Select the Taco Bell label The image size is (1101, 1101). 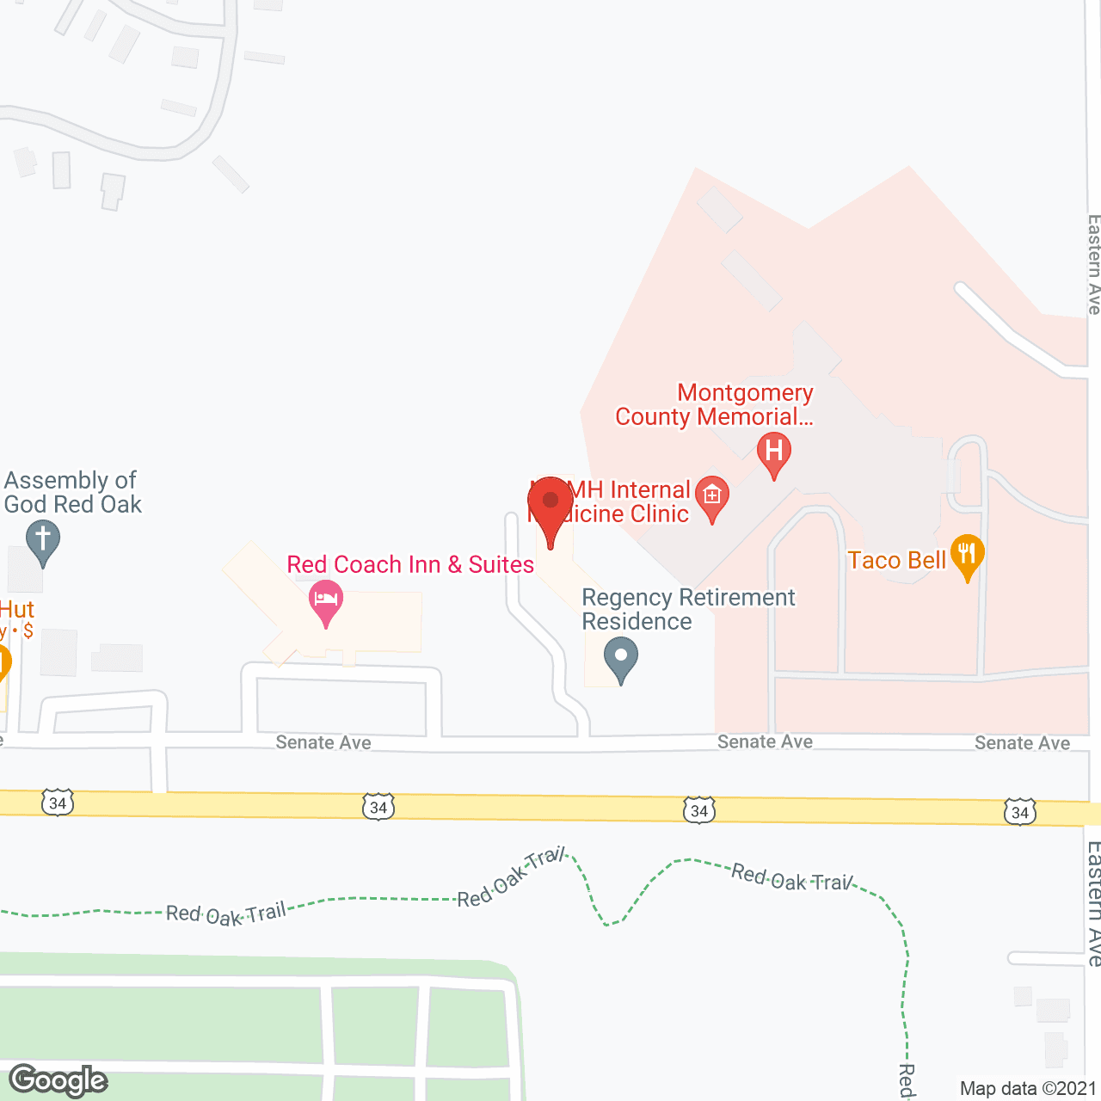pos(896,561)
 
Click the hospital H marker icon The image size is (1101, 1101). pos(773,452)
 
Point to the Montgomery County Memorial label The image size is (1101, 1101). pos(714,404)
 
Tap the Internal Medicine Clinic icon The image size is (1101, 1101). pos(712,497)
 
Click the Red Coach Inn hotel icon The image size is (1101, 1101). pos(326,600)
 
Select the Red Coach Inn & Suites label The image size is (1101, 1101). pos(410,564)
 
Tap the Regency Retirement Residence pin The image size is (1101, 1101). pos(620,657)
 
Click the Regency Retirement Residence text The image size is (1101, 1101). pos(688,609)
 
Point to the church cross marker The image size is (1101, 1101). pos(42,543)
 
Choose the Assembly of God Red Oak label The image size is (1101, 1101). pos(72,492)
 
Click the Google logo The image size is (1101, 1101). pos(58,1080)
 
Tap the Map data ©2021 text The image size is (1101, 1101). pos(1028,1088)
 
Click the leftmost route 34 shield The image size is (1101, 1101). pos(58,803)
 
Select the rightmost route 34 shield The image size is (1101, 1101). pos(1019,812)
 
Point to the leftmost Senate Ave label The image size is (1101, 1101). pos(323,742)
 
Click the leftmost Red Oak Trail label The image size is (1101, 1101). pos(225,914)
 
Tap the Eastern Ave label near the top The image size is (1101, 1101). pos(1093,264)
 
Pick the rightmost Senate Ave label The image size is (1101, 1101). pos(1022,743)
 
